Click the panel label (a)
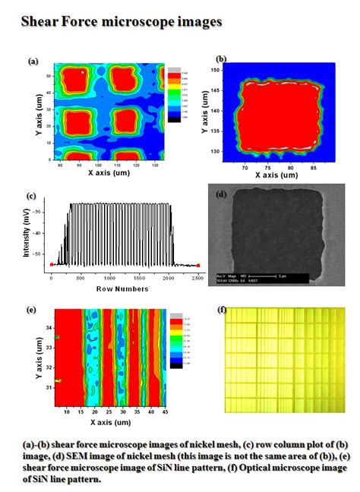(x=33, y=62)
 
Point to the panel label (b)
(x=221, y=58)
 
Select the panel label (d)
(x=222, y=194)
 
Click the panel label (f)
(x=222, y=310)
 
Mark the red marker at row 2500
(x=197, y=265)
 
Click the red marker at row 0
(x=51, y=265)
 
